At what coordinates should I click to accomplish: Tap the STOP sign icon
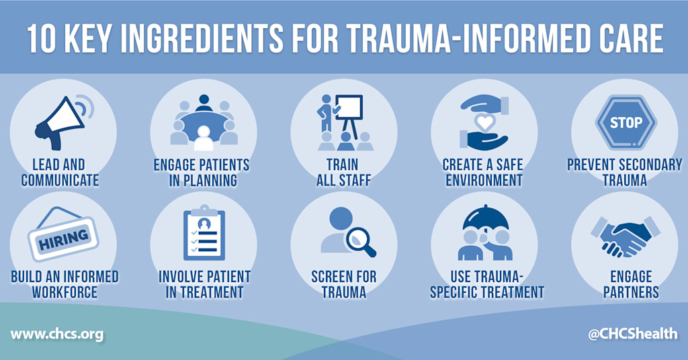[x=626, y=123]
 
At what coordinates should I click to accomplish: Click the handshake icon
[x=626, y=236]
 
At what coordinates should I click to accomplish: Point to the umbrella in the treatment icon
[x=485, y=219]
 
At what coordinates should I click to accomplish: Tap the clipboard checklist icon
[x=204, y=232]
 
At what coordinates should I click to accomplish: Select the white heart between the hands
[x=485, y=122]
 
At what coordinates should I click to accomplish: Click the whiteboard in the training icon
[x=349, y=108]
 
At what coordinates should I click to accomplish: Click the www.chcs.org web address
[x=57, y=334]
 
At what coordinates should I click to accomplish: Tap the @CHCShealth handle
[x=632, y=334]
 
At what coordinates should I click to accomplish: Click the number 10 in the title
[x=42, y=38]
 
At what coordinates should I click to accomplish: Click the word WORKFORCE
[x=64, y=292]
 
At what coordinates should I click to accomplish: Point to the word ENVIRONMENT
[x=484, y=180]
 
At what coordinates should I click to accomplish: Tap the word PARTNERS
[x=631, y=292]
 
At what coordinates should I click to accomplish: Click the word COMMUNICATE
[x=60, y=180]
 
